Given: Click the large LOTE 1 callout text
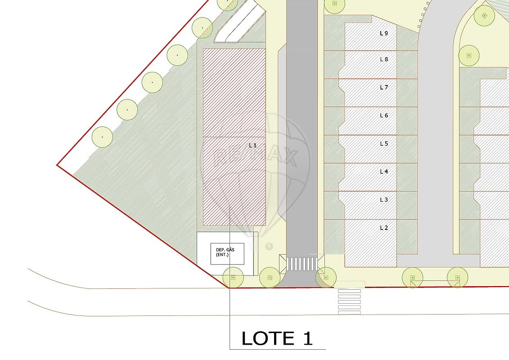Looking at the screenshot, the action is tap(277, 338).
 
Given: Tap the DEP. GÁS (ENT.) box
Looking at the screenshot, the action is tap(227, 253).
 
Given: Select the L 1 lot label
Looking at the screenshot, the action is tap(252, 145).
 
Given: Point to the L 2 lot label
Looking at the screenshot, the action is tap(384, 228).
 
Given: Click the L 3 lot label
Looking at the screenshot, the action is tap(384, 200).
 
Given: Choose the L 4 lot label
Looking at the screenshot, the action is tap(384, 171).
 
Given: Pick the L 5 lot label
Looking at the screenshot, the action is tap(384, 144).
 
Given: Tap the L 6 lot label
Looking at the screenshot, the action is tap(384, 115).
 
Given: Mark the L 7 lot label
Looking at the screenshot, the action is tap(384, 87).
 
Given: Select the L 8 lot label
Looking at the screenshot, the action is tap(384, 59).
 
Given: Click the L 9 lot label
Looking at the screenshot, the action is tap(384, 33).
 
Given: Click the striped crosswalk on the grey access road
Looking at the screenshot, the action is tap(302, 264).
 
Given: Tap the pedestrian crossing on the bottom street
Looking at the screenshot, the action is tap(349, 301).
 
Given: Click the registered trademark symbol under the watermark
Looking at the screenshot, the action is tap(269, 247).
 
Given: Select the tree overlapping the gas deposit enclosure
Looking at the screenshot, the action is tap(233, 278).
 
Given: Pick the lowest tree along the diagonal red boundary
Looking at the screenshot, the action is tap(102, 137).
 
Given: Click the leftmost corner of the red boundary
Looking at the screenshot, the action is tap(57, 165).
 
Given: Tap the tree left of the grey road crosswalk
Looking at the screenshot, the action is tap(270, 278).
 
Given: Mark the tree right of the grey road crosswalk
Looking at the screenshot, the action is tap(326, 278).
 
